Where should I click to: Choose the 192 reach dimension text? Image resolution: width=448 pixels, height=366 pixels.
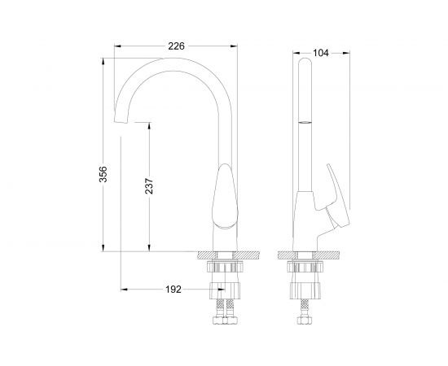172,289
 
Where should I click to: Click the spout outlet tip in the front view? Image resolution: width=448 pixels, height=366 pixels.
122,122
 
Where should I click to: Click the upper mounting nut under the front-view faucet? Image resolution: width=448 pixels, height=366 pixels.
225,267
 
